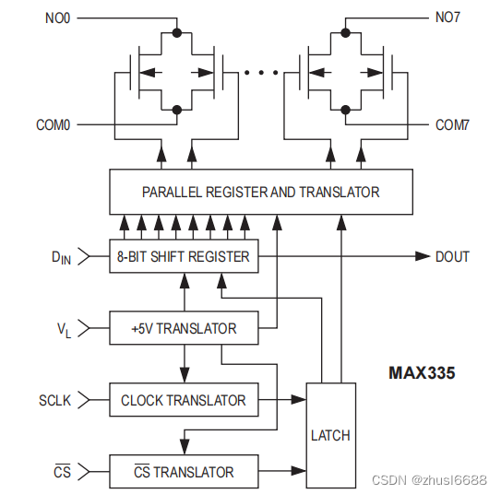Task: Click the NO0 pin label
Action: tap(56, 16)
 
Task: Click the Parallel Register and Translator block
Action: tap(261, 192)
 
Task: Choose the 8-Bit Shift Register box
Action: tap(184, 256)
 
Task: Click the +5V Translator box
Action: tap(184, 328)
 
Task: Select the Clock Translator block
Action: tap(184, 400)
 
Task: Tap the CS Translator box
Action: tap(184, 472)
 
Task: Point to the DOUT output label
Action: tap(452, 256)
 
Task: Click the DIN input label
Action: tap(60, 257)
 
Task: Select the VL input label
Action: tap(63, 329)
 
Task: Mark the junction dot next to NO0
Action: tap(175, 33)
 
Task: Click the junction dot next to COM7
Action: tap(345, 109)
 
